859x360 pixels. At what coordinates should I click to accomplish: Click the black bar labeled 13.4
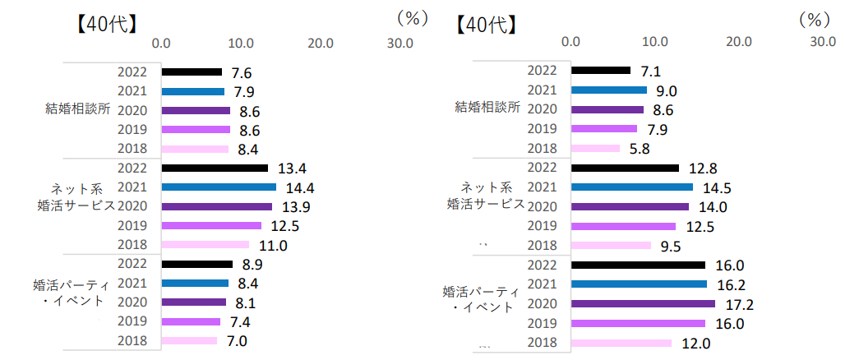point(215,168)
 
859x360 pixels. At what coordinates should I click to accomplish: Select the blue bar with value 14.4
point(219,187)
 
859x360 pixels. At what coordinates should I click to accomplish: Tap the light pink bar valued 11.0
point(205,244)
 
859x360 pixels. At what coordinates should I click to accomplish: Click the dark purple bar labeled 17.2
point(643,304)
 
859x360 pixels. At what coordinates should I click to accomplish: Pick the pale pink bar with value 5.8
point(595,148)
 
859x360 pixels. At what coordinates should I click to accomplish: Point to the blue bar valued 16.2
point(639,284)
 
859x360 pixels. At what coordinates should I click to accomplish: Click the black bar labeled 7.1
point(600,71)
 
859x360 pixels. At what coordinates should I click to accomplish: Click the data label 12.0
point(696,343)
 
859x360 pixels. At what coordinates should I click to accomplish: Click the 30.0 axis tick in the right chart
point(822,40)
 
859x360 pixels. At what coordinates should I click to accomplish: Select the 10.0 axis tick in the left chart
point(240,41)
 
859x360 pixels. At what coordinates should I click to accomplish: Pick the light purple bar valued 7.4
point(191,321)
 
